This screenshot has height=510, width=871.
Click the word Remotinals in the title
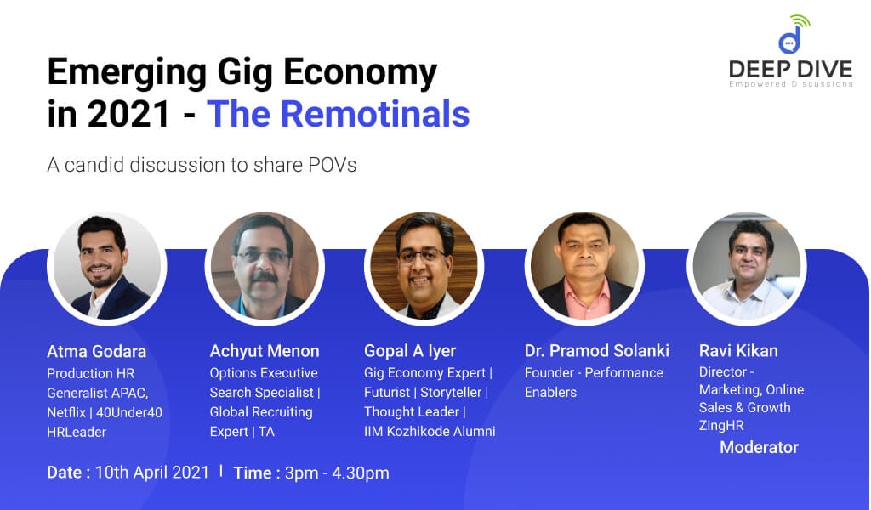(375, 114)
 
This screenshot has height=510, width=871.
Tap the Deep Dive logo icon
(794, 34)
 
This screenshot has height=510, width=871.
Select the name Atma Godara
(97, 351)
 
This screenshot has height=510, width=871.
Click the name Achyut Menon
(265, 351)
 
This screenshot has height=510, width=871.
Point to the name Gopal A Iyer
(410, 351)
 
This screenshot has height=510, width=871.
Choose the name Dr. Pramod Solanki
(596, 351)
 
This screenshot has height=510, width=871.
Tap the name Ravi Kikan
(738, 351)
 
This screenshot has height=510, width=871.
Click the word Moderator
(759, 447)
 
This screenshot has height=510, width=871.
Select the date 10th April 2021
(152, 473)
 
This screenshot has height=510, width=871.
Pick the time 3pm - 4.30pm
(337, 473)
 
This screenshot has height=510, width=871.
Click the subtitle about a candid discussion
(202, 165)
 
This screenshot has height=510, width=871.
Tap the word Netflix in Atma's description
(66, 413)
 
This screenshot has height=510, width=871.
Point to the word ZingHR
(721, 426)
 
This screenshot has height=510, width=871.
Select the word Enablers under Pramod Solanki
(550, 393)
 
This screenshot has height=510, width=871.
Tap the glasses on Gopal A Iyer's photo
(422, 256)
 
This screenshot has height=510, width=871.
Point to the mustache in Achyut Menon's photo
(263, 275)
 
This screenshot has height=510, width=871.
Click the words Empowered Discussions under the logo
(791, 84)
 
